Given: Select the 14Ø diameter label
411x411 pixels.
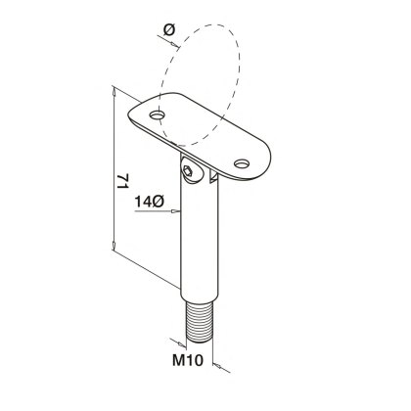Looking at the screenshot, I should (149, 201).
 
